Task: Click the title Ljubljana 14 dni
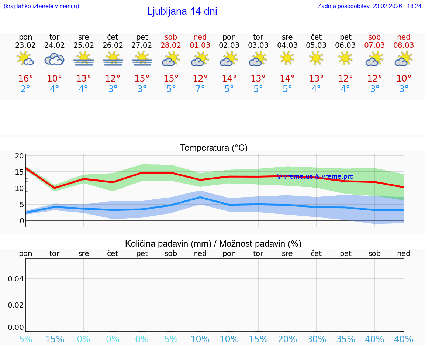[182, 11]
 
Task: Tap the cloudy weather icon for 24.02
[55, 59]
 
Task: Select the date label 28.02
[171, 45]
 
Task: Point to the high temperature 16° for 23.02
[25, 79]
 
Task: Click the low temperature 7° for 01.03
[200, 89]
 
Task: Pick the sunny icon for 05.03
[316, 58]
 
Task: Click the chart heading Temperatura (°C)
[214, 148]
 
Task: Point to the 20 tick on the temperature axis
[19, 156]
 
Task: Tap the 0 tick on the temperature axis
[21, 221]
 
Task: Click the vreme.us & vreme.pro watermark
[315, 176]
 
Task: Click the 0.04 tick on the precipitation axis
[16, 279]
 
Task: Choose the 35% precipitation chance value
[346, 339]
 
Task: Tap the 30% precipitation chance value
[317, 339]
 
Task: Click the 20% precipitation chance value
[287, 339]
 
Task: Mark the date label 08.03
[404, 45]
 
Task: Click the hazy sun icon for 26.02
[113, 59]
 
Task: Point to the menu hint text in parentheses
[41, 6]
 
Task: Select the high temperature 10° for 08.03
[404, 79]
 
